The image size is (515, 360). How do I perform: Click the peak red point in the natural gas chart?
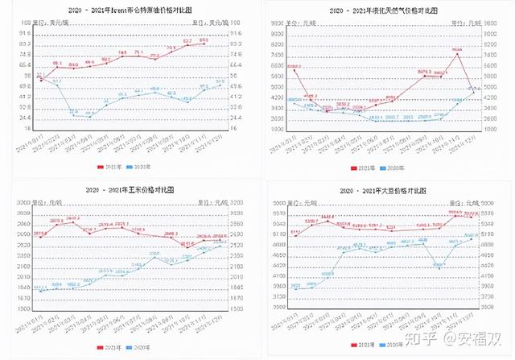point(458,55)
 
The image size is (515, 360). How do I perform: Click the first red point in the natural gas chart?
point(295,69)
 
